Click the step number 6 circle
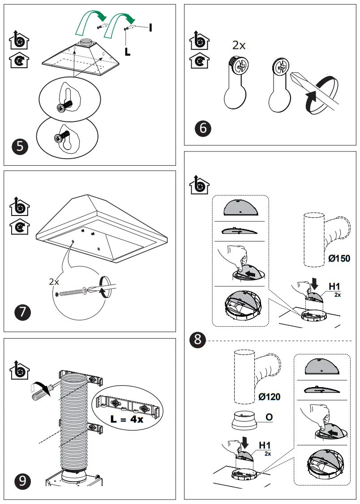(x=203, y=129)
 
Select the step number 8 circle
(x=197, y=340)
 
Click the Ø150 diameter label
(x=339, y=258)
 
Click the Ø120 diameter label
(x=270, y=397)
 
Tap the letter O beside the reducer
(x=269, y=417)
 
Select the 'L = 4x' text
(x=127, y=420)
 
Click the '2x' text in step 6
(x=239, y=45)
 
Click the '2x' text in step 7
(x=54, y=282)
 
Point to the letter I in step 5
(x=150, y=28)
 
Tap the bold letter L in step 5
(x=128, y=52)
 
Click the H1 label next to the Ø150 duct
(x=334, y=286)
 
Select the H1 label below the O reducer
(x=265, y=445)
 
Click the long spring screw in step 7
(x=74, y=292)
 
